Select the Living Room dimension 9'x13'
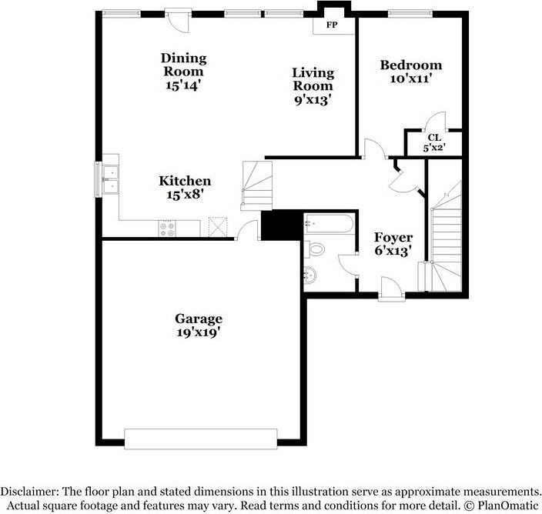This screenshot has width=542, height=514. click(312, 99)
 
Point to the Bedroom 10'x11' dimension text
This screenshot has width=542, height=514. click(410, 79)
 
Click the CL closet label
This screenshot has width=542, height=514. click(434, 138)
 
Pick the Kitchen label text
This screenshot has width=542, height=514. click(185, 181)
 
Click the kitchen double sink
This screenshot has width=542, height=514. click(109, 179)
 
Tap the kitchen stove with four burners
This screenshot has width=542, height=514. click(167, 227)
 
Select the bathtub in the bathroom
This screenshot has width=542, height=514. click(329, 225)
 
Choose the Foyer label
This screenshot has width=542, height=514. click(393, 237)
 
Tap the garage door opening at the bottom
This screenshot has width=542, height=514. click(201, 439)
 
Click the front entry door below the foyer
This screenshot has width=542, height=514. click(391, 293)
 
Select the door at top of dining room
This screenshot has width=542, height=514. click(178, 19)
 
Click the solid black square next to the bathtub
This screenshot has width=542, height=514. click(279, 225)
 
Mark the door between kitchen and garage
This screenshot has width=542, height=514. click(247, 231)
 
